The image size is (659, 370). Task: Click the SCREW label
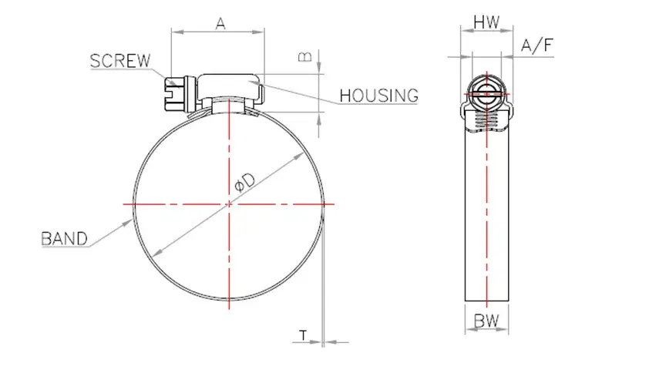[x=120, y=61]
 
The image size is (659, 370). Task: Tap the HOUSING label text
[x=378, y=96]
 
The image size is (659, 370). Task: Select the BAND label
[x=64, y=238]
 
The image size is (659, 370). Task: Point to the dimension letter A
[x=220, y=24]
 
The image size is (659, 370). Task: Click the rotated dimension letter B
[x=305, y=56]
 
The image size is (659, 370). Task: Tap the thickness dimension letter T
[x=303, y=335]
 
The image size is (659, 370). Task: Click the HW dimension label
[x=486, y=22]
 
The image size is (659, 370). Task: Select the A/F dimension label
[x=537, y=45]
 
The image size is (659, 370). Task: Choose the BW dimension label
[x=486, y=321]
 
